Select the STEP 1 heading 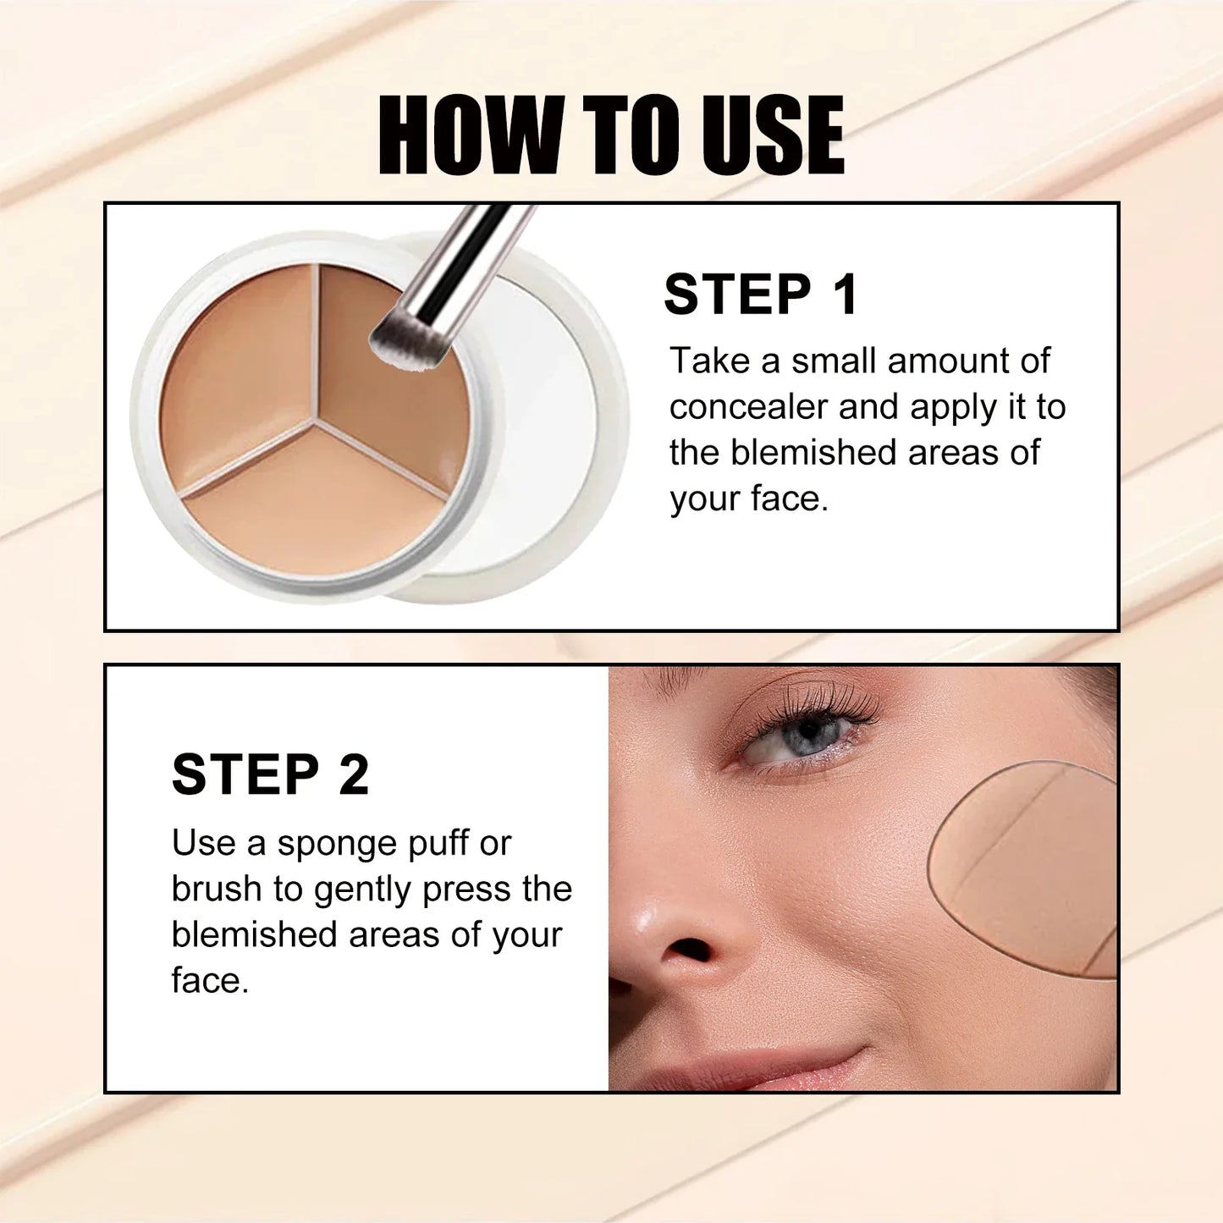(761, 295)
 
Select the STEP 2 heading (270, 774)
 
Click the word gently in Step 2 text (363, 890)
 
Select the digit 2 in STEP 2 (354, 774)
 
